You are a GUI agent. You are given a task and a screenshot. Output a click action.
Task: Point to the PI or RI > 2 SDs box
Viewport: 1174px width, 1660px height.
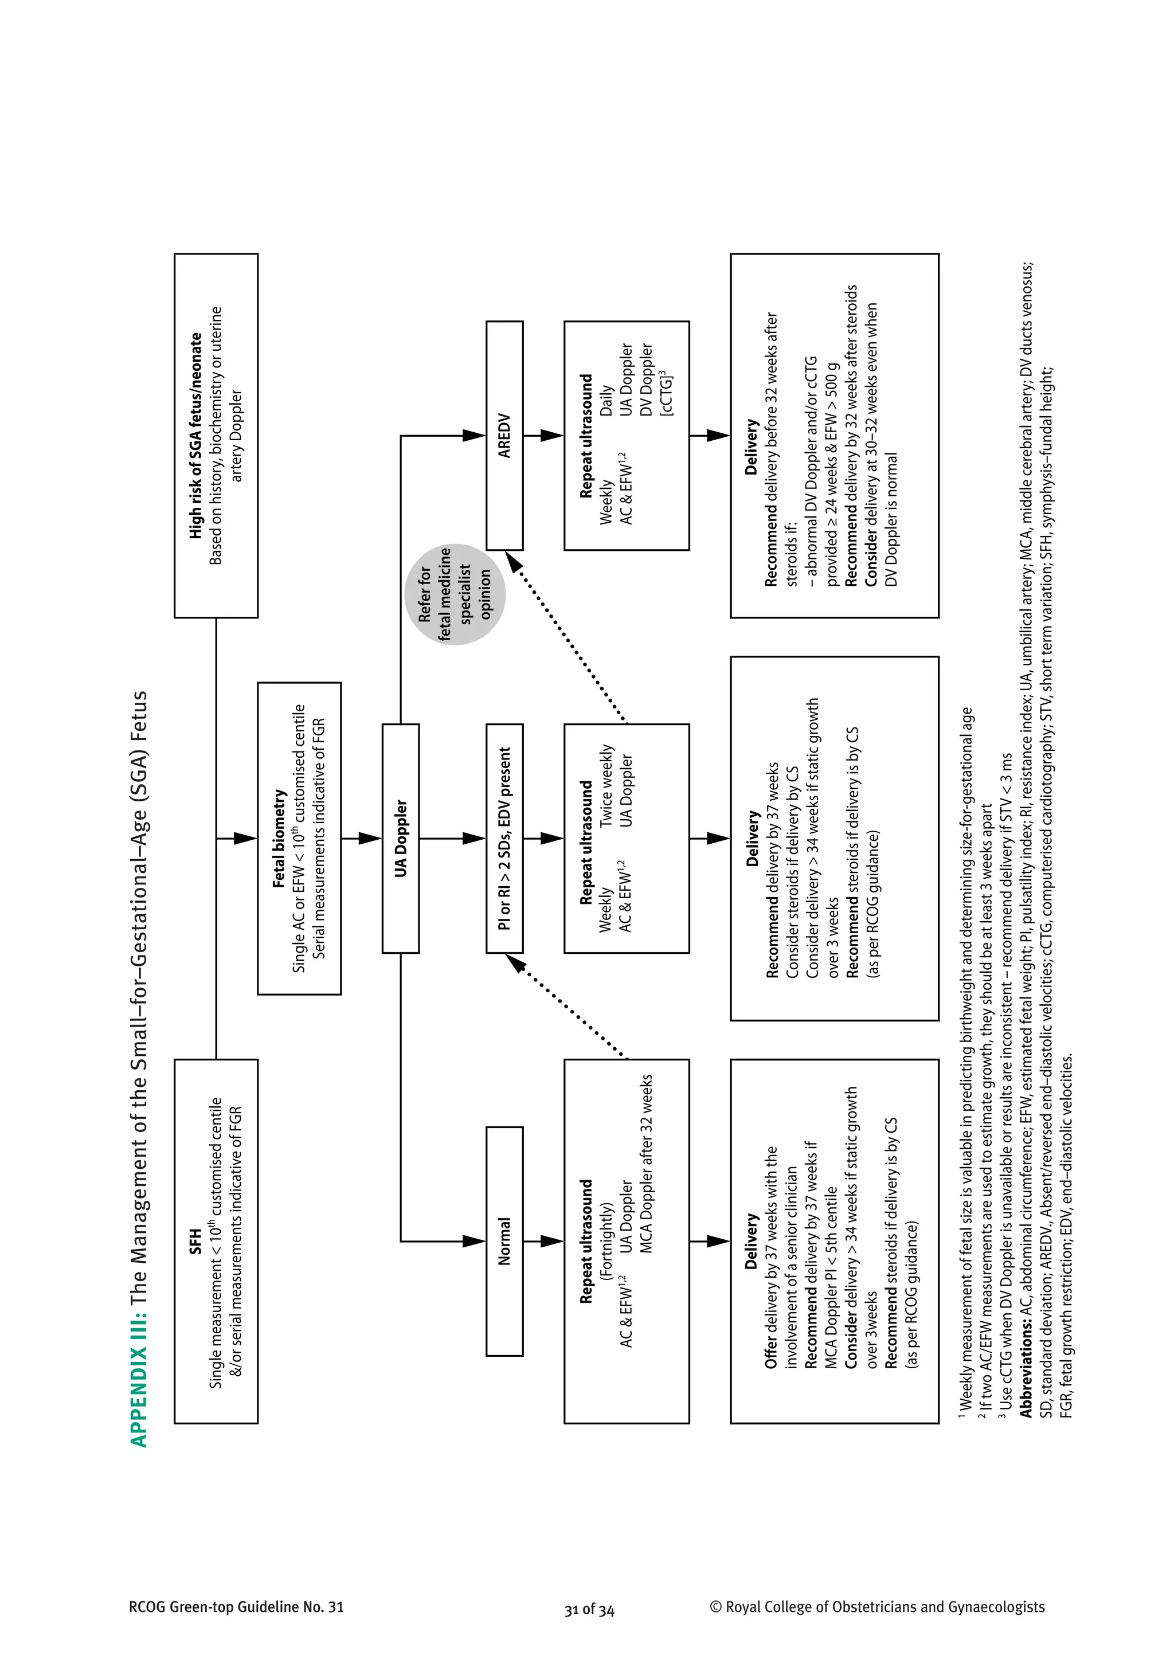click(x=504, y=838)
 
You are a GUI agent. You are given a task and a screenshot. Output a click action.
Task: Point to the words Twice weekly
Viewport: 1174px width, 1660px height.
click(x=606, y=786)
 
